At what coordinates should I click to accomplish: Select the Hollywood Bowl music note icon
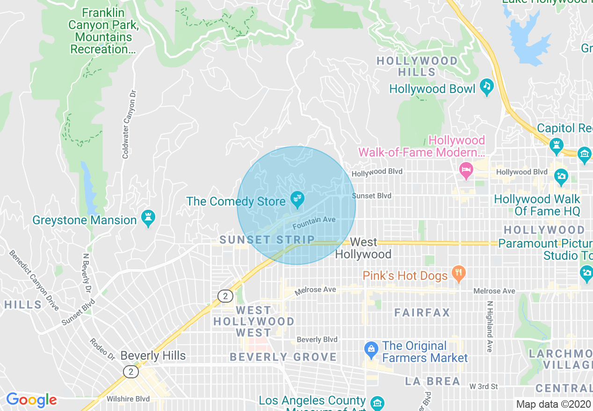(x=487, y=87)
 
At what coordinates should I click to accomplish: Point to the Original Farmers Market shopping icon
(x=371, y=349)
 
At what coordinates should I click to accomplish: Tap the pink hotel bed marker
(x=466, y=170)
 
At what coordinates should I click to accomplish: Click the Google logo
(x=31, y=400)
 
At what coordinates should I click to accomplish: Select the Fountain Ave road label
(x=314, y=223)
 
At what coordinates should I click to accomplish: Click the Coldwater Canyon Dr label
(x=129, y=124)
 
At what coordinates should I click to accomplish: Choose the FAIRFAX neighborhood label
(x=422, y=312)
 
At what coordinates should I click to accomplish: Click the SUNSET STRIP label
(x=267, y=240)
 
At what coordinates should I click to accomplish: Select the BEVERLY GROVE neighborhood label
(x=283, y=357)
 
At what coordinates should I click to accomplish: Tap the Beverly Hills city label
(x=153, y=355)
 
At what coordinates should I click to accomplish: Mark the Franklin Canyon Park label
(x=103, y=30)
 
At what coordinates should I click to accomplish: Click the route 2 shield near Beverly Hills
(x=131, y=372)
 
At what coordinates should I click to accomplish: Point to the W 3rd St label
(x=484, y=386)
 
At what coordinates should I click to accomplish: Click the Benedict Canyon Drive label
(x=34, y=280)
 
